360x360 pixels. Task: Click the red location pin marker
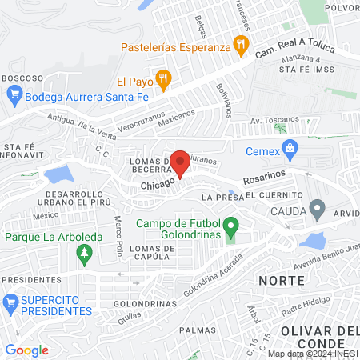180,163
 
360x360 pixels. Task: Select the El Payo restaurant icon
163,78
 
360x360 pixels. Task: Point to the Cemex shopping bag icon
290,148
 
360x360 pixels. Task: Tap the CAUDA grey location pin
318,211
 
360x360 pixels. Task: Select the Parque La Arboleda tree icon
84,254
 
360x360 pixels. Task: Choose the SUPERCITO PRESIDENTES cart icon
11,303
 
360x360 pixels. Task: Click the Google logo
26,350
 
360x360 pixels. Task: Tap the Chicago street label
158,185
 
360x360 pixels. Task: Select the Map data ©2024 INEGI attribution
312,354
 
